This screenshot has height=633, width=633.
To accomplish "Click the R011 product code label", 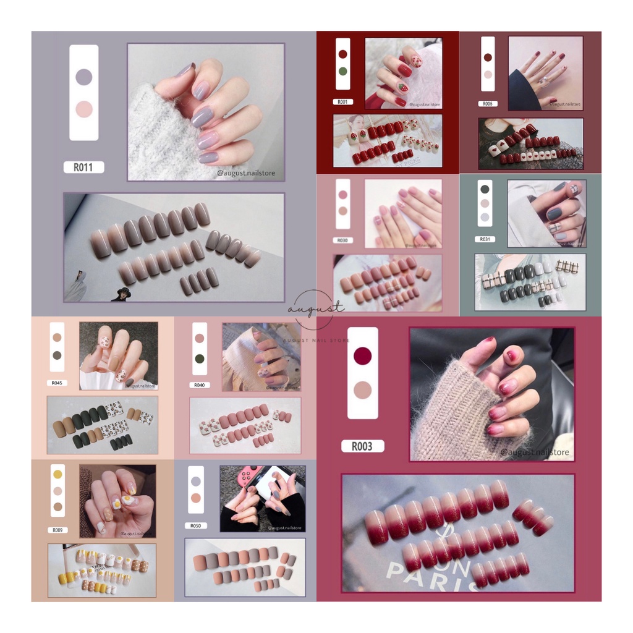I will click(83, 167).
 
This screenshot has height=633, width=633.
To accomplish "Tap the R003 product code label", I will click(362, 446).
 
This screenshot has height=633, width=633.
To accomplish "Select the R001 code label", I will click(342, 102).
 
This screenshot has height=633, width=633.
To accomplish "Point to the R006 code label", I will click(487, 104).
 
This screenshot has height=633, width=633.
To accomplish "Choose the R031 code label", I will click(485, 239).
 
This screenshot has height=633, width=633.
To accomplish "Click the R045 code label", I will click(57, 383).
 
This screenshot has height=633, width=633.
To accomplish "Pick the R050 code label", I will click(195, 526).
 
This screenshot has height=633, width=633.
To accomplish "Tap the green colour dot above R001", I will click(342, 71).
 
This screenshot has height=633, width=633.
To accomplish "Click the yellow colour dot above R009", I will click(57, 475).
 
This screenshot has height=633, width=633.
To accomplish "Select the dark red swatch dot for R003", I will click(362, 355).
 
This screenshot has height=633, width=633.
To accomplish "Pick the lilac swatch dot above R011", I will click(83, 77).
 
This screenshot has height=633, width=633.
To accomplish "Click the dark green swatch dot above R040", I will click(199, 359).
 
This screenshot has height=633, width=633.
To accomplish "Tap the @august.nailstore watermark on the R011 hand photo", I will click(246, 174).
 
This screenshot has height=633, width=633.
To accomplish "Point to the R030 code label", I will click(342, 240).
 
